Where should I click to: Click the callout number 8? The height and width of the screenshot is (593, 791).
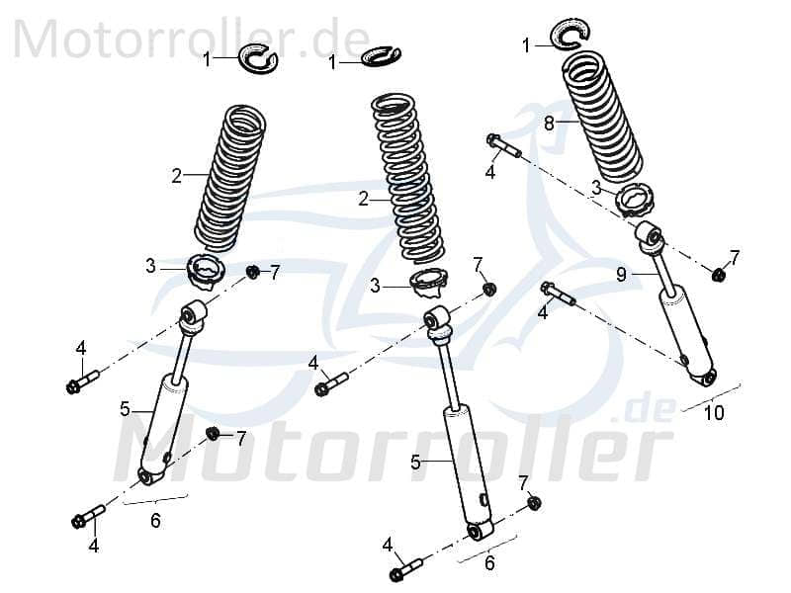(x=549, y=123)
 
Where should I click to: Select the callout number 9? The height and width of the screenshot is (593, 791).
(x=621, y=275)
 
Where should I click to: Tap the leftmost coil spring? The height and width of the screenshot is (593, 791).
(x=230, y=178)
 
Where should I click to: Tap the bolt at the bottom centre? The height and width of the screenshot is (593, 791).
(x=407, y=568)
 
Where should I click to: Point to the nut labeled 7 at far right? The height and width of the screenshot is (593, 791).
(x=719, y=274)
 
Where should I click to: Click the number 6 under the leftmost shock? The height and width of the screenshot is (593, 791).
(x=155, y=521)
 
